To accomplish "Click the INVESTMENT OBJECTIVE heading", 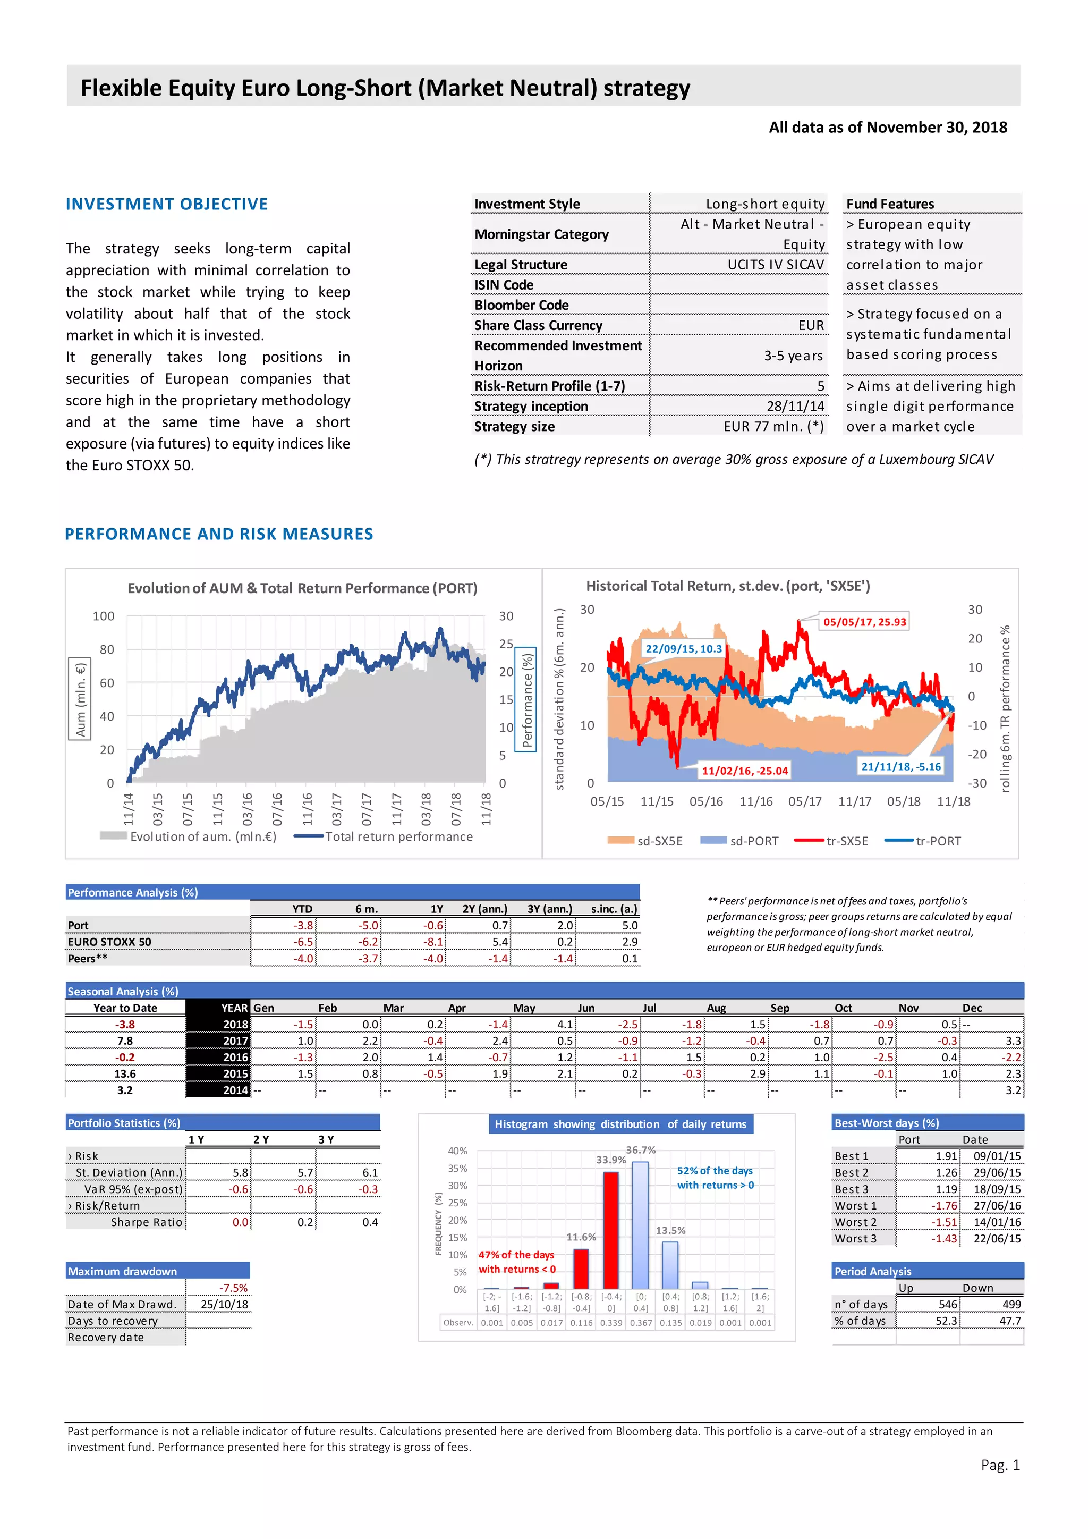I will click(167, 205).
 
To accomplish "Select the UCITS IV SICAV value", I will click(776, 265).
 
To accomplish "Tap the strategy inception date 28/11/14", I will click(795, 406).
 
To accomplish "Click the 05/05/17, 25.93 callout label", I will click(864, 622).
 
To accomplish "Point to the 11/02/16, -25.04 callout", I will click(744, 771).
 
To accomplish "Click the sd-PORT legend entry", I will click(739, 841).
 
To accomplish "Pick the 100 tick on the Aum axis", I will click(104, 616).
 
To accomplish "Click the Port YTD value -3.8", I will click(303, 926).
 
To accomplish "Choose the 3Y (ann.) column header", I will click(549, 909).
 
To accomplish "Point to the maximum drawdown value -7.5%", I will click(233, 1288).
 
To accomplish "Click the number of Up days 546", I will click(947, 1305).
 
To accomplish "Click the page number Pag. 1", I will click(1000, 1465).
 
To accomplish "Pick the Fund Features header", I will click(890, 204).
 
